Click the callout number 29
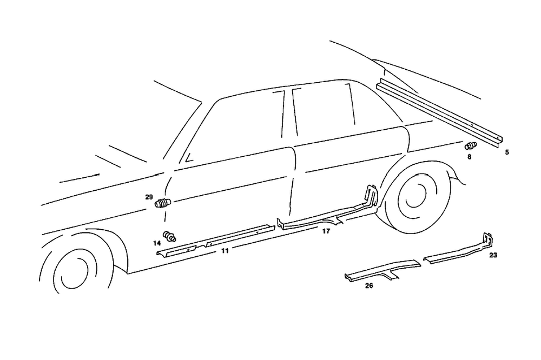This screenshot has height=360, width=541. (x=149, y=197)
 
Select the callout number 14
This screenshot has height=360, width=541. (x=157, y=243)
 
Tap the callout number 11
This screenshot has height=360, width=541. (x=225, y=251)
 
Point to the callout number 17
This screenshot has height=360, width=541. (x=326, y=231)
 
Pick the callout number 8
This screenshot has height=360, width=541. (x=470, y=157)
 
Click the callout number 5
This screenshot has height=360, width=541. (x=507, y=152)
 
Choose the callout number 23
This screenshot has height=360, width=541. (x=493, y=255)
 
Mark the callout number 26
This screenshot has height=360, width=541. (x=369, y=285)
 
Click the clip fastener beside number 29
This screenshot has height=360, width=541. (x=163, y=203)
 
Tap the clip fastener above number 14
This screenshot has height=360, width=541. (x=170, y=236)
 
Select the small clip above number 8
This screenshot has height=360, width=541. (x=471, y=145)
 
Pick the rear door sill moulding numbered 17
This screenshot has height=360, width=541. (x=325, y=216)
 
